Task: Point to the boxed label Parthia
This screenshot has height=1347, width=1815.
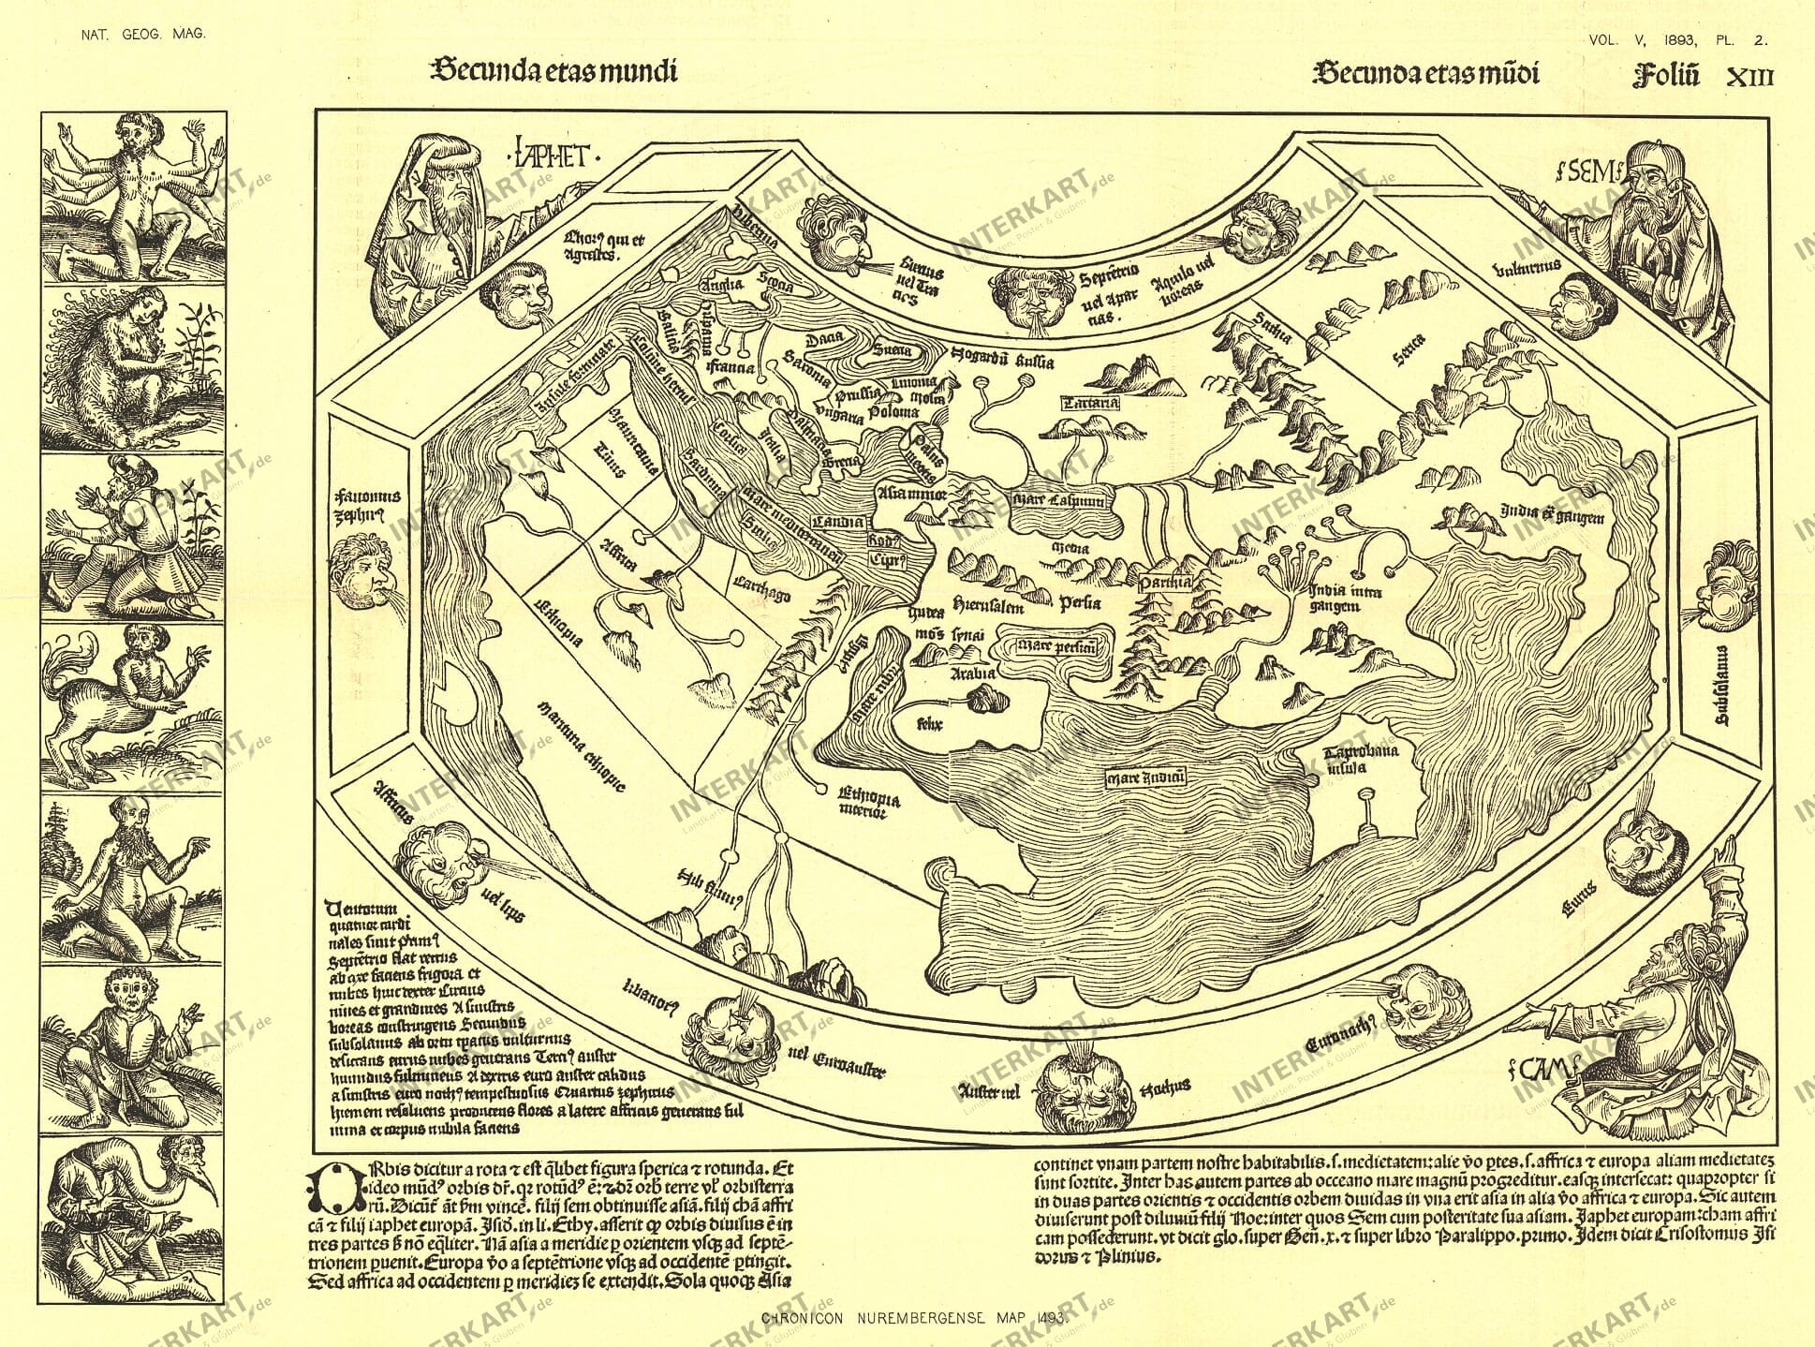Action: click(x=1166, y=582)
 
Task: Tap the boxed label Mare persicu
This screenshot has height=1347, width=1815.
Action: click(x=1049, y=645)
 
